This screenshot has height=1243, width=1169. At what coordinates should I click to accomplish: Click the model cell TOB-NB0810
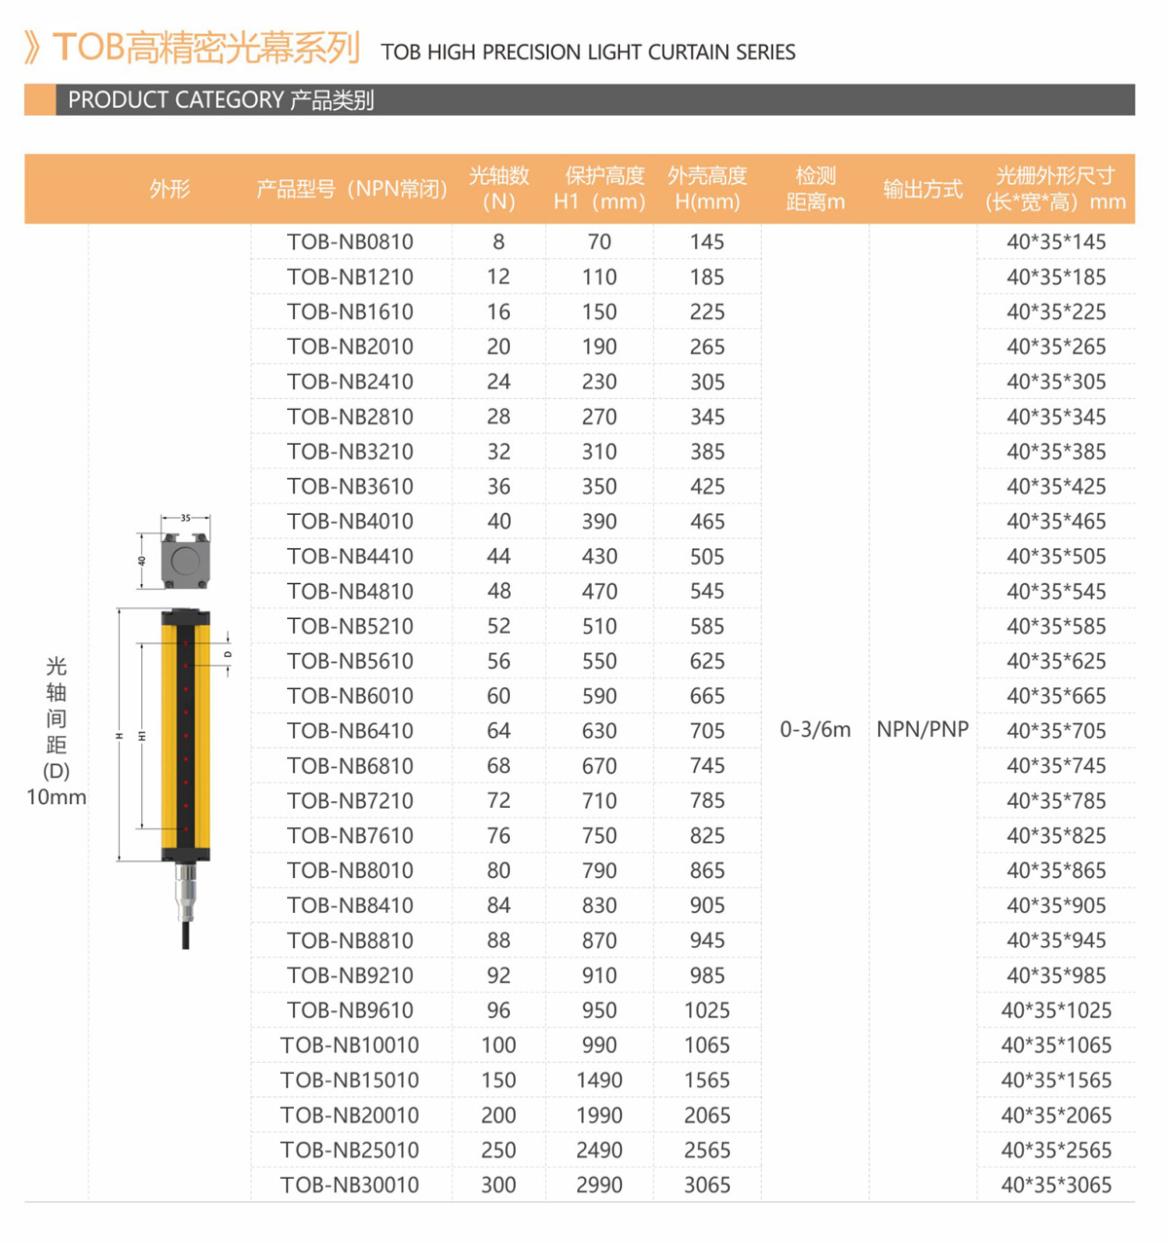pyautogui.click(x=350, y=242)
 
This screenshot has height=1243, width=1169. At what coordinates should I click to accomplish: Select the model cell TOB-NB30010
pyautogui.click(x=349, y=1185)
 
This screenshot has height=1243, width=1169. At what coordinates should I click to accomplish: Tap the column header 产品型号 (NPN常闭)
pyautogui.click(x=351, y=189)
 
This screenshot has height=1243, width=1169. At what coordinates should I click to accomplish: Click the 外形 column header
pyautogui.click(x=169, y=189)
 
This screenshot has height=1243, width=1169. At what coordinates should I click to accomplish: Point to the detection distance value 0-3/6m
pyautogui.click(x=816, y=730)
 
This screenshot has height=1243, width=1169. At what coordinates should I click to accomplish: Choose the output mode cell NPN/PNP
pyautogui.click(x=923, y=730)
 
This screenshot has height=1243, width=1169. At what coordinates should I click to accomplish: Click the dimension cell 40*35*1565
pyautogui.click(x=1056, y=1080)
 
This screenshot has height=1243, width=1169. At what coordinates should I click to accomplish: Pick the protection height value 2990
pyautogui.click(x=600, y=1185)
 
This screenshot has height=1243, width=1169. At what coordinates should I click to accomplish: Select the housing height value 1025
pyautogui.click(x=707, y=1010)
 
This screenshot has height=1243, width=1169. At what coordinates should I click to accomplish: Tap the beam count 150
pyautogui.click(x=498, y=1080)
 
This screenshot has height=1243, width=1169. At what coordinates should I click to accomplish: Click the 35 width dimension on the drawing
pyautogui.click(x=185, y=519)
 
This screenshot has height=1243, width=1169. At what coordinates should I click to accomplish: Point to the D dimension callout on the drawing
pyautogui.click(x=229, y=654)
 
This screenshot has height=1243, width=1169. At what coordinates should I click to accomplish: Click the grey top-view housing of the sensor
pyautogui.click(x=185, y=561)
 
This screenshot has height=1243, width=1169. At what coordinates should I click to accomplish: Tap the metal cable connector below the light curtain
pyautogui.click(x=185, y=892)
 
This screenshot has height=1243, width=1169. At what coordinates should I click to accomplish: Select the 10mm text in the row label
pyautogui.click(x=56, y=797)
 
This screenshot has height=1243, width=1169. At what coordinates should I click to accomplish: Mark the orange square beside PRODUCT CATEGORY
pyautogui.click(x=40, y=100)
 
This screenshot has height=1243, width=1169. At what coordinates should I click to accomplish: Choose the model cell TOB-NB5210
pyautogui.click(x=350, y=626)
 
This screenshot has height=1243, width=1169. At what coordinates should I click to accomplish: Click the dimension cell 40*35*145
pyautogui.click(x=1056, y=242)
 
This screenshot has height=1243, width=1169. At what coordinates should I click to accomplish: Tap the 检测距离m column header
pyautogui.click(x=816, y=189)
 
